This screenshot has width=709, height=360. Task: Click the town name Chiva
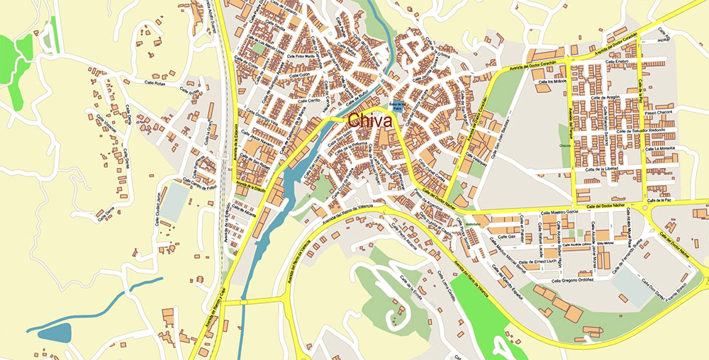[370, 121]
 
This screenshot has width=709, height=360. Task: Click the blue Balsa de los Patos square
[397, 107]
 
